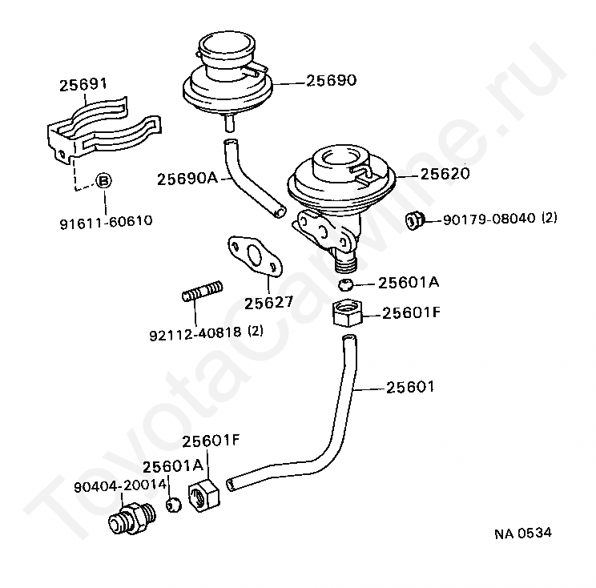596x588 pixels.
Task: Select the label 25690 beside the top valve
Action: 330,80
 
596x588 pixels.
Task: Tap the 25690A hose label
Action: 187,178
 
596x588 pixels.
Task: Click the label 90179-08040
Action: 490,218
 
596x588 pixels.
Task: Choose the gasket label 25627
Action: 268,303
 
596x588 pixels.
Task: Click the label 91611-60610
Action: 106,221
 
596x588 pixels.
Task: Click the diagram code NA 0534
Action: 521,532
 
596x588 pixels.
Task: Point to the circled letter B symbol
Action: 104,180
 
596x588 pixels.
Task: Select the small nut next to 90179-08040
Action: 415,219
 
